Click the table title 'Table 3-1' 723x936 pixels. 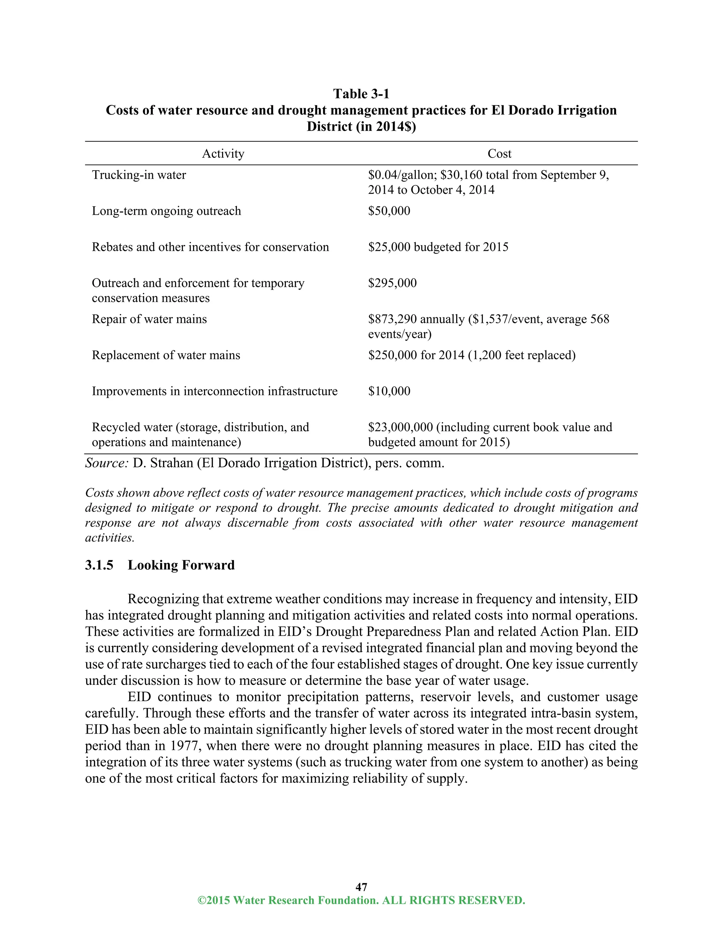(361, 94)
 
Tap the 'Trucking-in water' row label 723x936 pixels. (139, 175)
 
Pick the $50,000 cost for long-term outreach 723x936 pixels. (389, 211)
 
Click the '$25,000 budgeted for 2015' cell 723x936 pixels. (438, 247)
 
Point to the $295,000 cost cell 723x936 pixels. (392, 283)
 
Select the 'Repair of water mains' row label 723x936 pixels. (149, 319)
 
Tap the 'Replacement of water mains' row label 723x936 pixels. (166, 355)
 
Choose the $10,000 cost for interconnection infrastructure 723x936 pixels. (389, 391)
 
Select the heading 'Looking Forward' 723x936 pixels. (181, 565)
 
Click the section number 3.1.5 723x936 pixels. (99, 565)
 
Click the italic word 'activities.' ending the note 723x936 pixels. (110, 538)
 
